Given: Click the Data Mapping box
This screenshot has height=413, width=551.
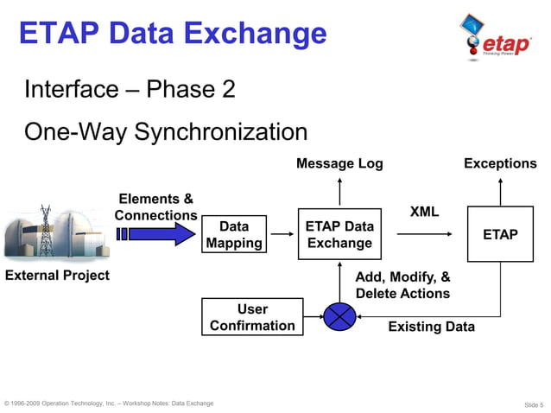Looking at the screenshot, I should click(x=234, y=234).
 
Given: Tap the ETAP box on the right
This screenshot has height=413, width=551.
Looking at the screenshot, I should click(x=500, y=234).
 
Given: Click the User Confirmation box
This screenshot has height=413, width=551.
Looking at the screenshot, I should click(x=252, y=317).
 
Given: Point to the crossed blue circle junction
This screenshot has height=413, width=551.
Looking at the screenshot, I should click(x=339, y=317).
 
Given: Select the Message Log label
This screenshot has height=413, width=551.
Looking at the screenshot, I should click(x=339, y=163).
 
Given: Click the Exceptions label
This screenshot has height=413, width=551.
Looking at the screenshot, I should click(x=500, y=163).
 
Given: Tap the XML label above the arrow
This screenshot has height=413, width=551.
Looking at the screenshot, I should click(x=424, y=212).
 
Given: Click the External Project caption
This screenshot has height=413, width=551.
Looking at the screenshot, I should click(x=57, y=276).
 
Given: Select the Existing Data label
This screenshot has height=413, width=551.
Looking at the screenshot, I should click(x=431, y=327).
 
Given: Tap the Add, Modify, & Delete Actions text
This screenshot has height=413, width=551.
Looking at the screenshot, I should click(x=402, y=286).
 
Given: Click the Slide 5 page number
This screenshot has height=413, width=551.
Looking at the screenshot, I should click(x=533, y=404).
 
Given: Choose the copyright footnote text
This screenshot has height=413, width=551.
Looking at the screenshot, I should click(x=109, y=403).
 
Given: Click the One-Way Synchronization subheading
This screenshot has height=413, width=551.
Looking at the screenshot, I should click(x=166, y=132).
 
